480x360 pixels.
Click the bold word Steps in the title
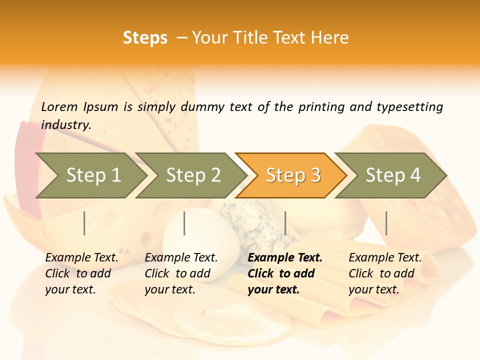tap(145, 38)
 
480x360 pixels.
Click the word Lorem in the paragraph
tap(59, 106)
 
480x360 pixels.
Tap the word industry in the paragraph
tap(66, 124)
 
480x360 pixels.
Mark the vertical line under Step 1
tap(84, 223)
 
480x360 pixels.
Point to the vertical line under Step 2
tap(184, 223)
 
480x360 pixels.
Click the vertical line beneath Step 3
tap(285, 223)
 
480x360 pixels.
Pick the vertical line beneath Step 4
tap(386, 223)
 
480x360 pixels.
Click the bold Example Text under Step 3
tap(285, 257)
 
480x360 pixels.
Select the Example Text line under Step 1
tap(81, 257)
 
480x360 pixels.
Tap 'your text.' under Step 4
tap(373, 289)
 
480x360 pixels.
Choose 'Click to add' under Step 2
tap(177, 273)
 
